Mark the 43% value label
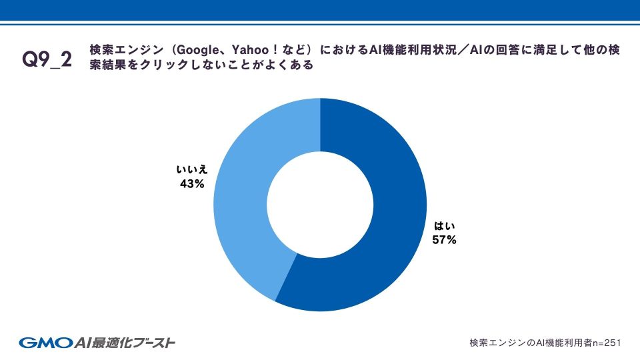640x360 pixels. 191,184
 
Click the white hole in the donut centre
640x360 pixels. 320,204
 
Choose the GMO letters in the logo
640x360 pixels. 44,343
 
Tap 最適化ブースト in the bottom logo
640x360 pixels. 137,343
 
